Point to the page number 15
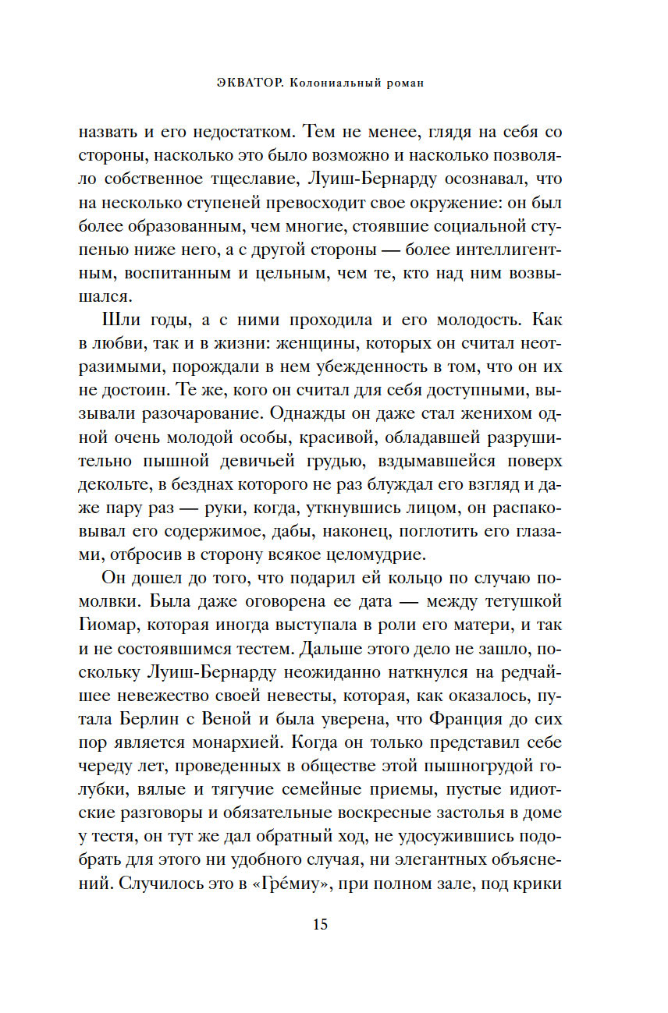point(321,926)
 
